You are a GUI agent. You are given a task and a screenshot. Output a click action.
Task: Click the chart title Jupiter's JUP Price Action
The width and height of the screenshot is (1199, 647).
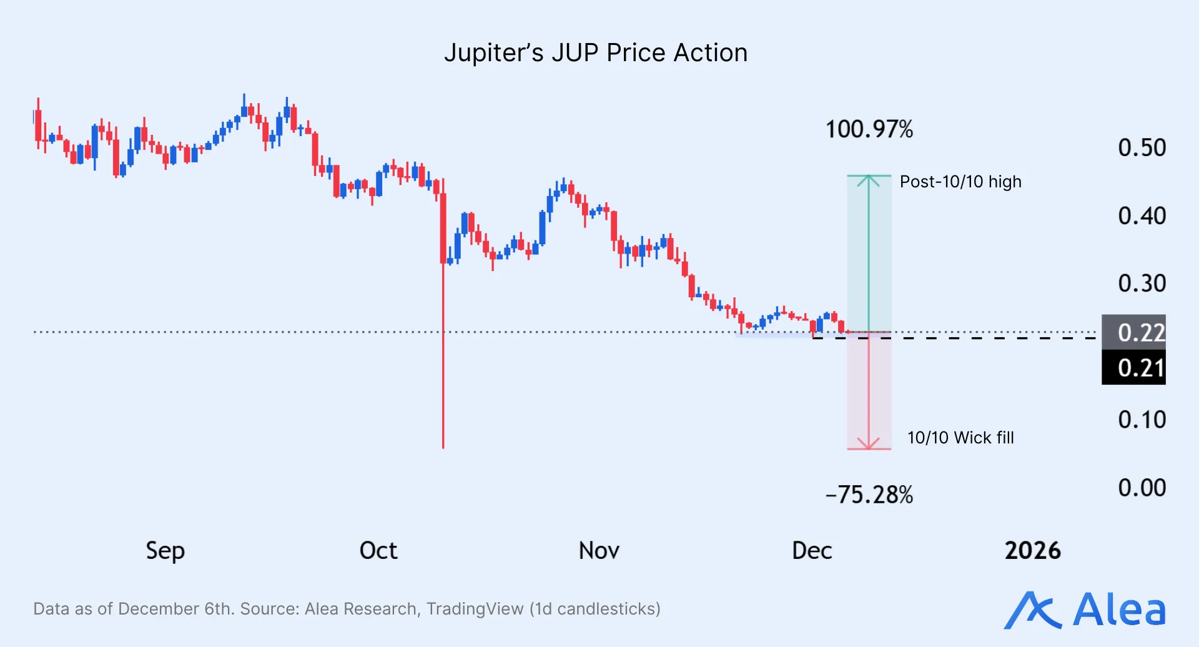point(596,53)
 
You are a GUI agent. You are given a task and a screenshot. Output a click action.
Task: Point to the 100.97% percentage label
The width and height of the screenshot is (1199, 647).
point(869,130)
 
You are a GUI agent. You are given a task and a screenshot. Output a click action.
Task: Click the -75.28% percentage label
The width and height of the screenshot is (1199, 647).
point(869,495)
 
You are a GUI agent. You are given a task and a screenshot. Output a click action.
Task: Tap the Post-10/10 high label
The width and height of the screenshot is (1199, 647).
point(960,182)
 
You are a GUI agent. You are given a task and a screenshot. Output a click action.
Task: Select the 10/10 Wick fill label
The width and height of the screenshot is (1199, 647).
point(960,438)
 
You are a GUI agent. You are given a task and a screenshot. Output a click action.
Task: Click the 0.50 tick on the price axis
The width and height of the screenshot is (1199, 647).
point(1142,148)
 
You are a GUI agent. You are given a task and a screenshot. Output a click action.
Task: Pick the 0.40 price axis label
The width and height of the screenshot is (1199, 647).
point(1142,216)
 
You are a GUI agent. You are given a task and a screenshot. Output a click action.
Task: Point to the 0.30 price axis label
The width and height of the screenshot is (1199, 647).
point(1142,284)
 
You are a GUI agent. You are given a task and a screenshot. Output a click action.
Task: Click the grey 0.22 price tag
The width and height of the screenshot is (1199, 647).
point(1134,332)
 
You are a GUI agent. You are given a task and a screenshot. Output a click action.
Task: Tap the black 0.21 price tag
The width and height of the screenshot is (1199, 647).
point(1134,368)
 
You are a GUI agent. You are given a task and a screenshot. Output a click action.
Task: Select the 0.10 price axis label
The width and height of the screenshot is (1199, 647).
point(1142,420)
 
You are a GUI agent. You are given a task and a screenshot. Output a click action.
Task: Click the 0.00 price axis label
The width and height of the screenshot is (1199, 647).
point(1142,488)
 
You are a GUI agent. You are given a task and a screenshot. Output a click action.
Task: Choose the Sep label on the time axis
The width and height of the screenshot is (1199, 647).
point(165,551)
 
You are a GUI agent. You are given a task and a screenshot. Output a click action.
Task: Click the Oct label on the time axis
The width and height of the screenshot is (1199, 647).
point(378,551)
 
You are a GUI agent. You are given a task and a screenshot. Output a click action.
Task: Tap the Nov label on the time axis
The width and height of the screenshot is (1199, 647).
point(599,551)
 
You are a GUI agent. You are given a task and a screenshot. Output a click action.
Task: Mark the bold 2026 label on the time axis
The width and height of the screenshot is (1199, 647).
point(1032,551)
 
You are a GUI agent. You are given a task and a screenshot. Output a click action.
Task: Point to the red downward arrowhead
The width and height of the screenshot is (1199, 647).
point(869,444)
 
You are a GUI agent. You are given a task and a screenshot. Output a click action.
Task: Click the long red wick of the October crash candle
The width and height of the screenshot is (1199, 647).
point(443,387)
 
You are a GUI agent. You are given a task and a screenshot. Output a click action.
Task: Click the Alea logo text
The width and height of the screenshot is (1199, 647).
point(1118,610)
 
